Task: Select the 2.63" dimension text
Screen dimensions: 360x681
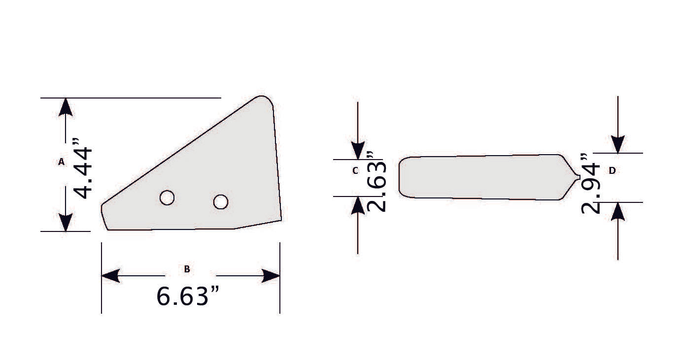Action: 376,182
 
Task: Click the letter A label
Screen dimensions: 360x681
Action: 62,162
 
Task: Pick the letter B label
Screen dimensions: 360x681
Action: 187,269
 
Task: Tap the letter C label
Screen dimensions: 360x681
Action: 355,171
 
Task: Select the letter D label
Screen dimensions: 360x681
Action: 612,170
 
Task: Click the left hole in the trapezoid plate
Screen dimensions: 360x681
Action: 167,197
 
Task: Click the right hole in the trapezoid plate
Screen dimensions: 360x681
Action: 220,201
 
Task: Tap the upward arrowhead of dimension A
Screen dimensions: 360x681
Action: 66,107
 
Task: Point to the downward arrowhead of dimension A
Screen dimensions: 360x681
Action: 66,222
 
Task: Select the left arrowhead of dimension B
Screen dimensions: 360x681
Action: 110,276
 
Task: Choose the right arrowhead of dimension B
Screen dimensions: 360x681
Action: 271,276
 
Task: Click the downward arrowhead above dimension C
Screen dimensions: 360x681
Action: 358,150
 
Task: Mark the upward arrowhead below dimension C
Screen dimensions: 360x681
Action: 358,205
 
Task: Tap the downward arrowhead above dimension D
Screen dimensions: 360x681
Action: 617,144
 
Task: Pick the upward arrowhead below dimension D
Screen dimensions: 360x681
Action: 617,211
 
